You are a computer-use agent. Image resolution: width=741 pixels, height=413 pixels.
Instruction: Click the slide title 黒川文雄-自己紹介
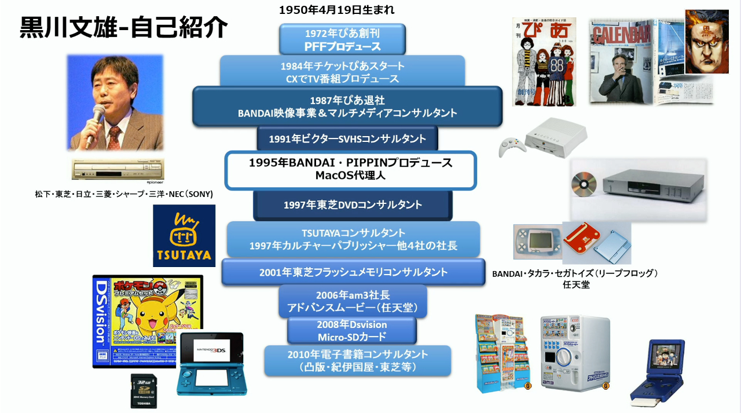pyautogui.click(x=123, y=27)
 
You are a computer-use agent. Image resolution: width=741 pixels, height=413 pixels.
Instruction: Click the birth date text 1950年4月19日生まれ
pyautogui.click(x=336, y=10)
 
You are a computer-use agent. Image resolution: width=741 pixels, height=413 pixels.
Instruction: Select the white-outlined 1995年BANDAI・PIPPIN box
pyautogui.click(x=350, y=170)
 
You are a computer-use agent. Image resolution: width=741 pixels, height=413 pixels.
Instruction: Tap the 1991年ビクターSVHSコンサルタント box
pyautogui.click(x=347, y=139)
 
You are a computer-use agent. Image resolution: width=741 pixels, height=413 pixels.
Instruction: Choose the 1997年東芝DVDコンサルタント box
pyautogui.click(x=353, y=205)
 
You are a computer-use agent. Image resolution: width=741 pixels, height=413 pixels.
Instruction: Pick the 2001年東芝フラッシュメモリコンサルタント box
pyautogui.click(x=353, y=272)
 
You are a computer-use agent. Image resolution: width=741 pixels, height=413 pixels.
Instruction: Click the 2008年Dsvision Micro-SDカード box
pyautogui.click(x=351, y=331)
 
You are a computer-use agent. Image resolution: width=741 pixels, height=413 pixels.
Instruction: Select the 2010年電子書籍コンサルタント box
pyautogui.click(x=357, y=360)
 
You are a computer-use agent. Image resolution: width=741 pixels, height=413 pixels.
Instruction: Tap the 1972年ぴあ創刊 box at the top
pyautogui.click(x=342, y=39)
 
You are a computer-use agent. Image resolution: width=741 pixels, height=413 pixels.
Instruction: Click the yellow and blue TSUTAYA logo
pyautogui.click(x=184, y=236)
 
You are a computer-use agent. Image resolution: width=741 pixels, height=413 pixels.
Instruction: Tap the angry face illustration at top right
pyautogui.click(x=706, y=42)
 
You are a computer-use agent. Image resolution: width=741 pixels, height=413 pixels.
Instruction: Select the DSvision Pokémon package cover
pyautogui.click(x=148, y=321)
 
